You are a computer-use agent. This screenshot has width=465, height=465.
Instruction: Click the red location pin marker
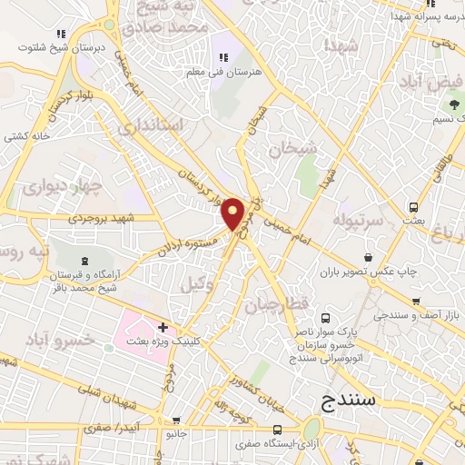click(x=233, y=213)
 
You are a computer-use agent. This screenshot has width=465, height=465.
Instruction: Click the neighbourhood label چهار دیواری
click(x=52, y=188)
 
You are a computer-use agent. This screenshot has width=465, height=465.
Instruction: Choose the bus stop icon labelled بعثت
click(x=413, y=207)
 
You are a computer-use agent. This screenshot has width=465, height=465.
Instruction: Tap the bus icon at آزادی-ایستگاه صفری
click(x=276, y=430)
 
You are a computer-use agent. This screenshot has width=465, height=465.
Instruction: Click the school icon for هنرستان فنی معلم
click(x=223, y=58)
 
